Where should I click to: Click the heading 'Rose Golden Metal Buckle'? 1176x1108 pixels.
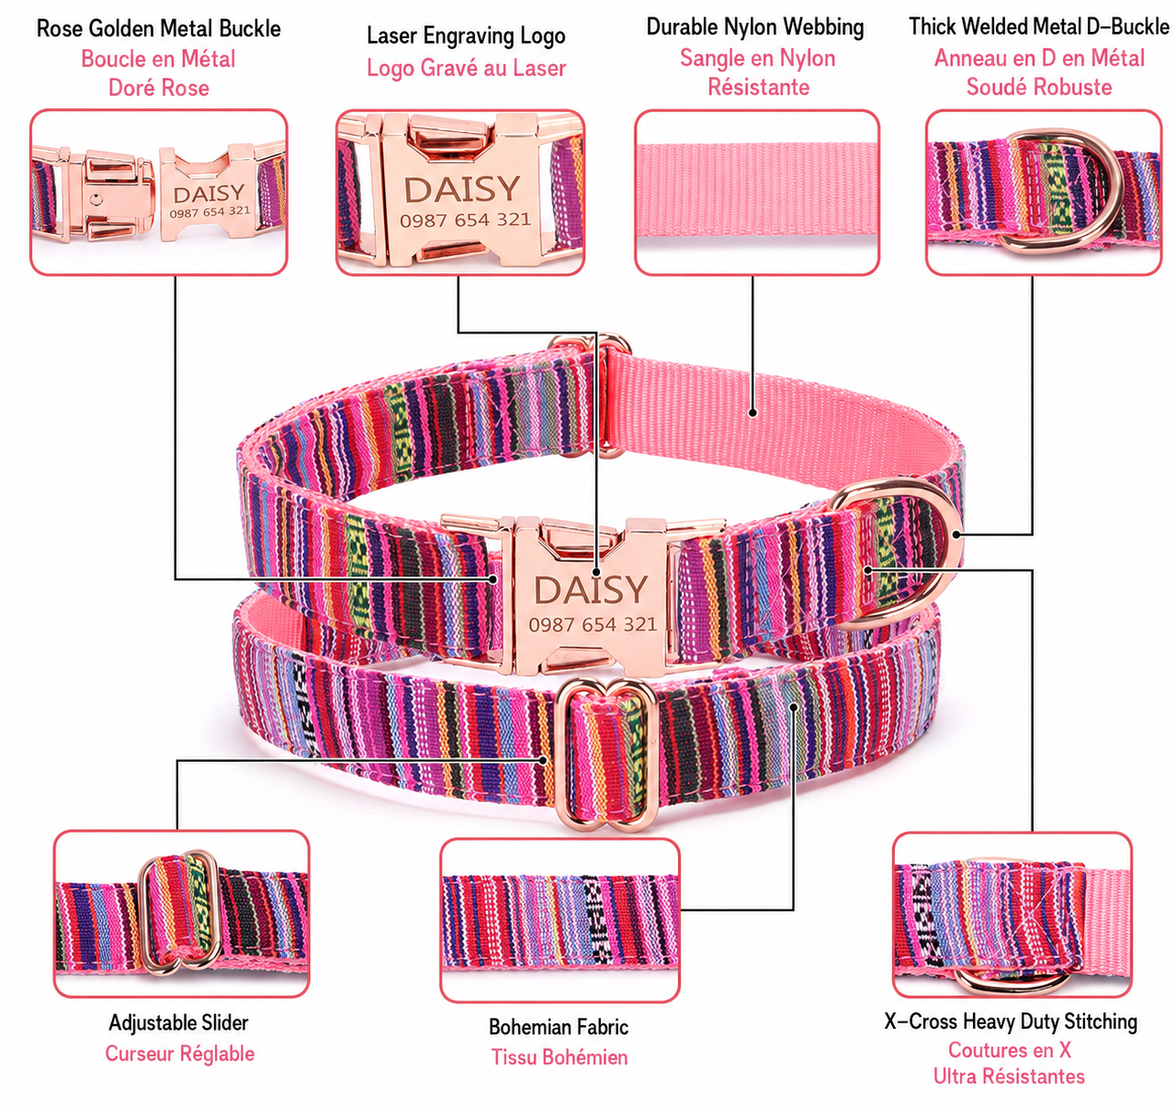(x=158, y=28)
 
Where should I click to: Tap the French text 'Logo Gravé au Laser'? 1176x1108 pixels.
(x=466, y=68)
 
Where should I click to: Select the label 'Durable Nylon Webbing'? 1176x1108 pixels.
(x=755, y=27)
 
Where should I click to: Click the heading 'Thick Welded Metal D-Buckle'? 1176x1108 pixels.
(x=1039, y=26)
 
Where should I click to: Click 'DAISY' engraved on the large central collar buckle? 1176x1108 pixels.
(x=591, y=590)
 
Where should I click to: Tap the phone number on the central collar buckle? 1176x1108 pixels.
(x=593, y=625)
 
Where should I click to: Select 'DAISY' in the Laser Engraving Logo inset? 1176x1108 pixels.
(x=461, y=189)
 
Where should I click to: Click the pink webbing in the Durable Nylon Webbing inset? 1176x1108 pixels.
(x=756, y=189)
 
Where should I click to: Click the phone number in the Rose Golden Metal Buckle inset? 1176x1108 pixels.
(x=209, y=211)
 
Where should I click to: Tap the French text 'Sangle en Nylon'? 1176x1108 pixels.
(x=757, y=58)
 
